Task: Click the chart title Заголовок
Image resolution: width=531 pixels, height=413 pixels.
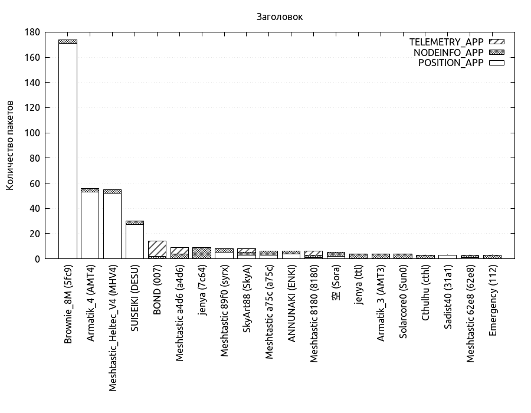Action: coord(280,17)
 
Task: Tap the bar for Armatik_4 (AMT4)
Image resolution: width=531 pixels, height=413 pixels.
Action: coord(90,224)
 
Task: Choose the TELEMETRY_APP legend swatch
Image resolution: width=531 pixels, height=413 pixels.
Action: coord(497,42)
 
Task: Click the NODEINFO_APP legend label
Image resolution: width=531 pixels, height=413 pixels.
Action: coord(448,53)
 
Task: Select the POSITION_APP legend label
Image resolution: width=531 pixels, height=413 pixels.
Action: coord(451,63)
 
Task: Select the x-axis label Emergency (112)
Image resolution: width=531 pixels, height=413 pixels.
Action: coord(493,301)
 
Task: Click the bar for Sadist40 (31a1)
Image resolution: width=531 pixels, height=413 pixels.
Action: coord(447,257)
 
